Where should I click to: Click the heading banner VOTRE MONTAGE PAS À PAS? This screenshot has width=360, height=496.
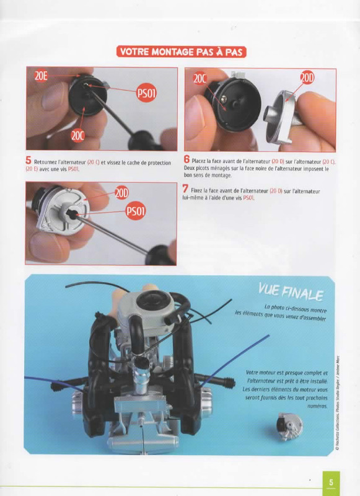(181, 51)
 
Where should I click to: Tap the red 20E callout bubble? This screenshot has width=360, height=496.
(41, 76)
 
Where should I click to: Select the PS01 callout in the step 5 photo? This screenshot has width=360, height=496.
(146, 94)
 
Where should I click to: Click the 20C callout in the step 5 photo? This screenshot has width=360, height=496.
(77, 136)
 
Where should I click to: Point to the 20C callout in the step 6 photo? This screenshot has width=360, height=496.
(200, 79)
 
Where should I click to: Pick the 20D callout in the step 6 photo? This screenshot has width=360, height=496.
(307, 78)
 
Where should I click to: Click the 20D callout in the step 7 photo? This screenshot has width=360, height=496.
(121, 193)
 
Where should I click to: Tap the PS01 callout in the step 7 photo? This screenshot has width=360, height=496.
(136, 211)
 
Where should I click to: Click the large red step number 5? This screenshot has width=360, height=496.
(29, 161)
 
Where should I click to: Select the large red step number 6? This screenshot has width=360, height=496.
(187, 159)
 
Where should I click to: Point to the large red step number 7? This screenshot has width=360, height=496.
(185, 189)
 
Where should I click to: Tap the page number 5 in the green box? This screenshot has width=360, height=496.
(331, 482)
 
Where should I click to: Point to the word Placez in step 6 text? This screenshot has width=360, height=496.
(198, 161)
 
